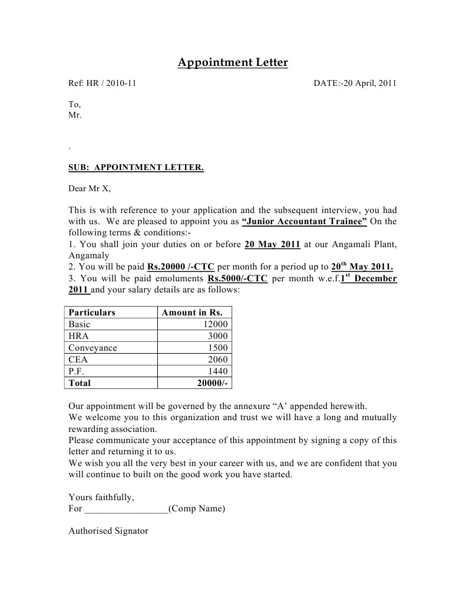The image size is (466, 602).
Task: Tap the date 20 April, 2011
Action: [370, 83]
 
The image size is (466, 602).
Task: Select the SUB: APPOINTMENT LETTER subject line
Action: [136, 168]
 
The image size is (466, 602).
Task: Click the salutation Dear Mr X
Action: [89, 189]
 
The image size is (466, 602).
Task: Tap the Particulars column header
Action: [92, 312]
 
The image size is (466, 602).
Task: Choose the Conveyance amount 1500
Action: [217, 348]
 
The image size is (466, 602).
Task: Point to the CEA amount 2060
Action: [217, 360]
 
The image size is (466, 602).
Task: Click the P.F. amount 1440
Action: [217, 371]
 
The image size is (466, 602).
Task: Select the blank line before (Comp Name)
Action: [126, 508]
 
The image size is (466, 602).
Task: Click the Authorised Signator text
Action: [108, 530]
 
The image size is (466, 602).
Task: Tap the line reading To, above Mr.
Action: [74, 104]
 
